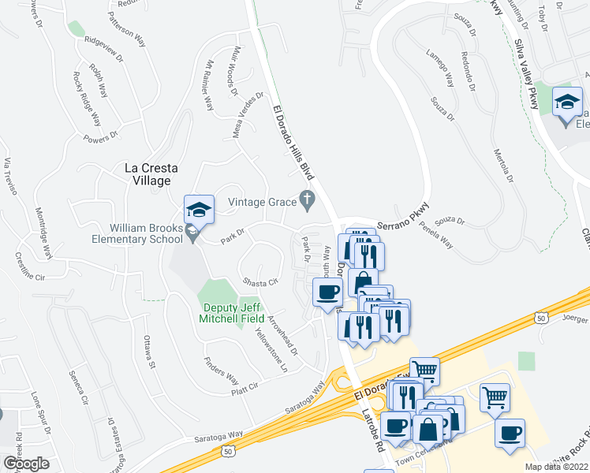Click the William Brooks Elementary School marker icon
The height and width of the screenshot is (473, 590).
199,211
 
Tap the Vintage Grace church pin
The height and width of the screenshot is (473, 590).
308,202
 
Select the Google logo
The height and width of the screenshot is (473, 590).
27,464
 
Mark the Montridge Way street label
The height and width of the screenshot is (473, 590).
43,233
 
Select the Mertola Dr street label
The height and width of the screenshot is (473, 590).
505,167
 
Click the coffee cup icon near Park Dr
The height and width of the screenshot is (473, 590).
327,292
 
